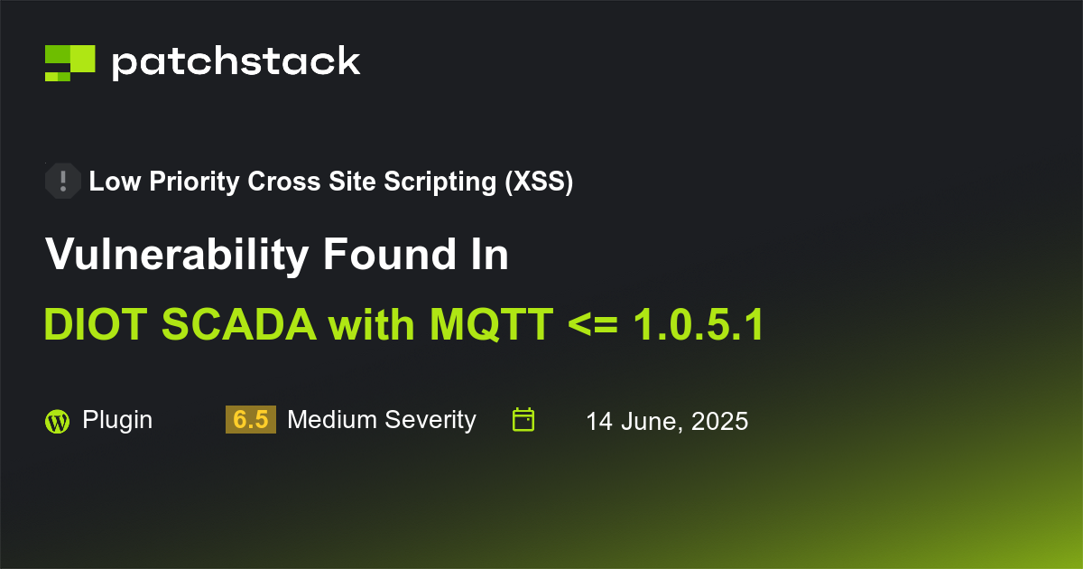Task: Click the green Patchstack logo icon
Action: click(69, 62)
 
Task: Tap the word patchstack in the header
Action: click(236, 62)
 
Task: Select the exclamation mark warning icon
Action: click(63, 182)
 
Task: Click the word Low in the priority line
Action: click(109, 182)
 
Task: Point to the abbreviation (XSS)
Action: click(539, 182)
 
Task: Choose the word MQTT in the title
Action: click(491, 325)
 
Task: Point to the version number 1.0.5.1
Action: click(698, 325)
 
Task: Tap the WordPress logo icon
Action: click(57, 421)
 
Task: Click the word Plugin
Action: click(117, 420)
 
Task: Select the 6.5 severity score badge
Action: click(251, 420)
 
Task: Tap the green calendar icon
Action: click(523, 420)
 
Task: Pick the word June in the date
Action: click(648, 421)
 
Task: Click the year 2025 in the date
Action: click(719, 421)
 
